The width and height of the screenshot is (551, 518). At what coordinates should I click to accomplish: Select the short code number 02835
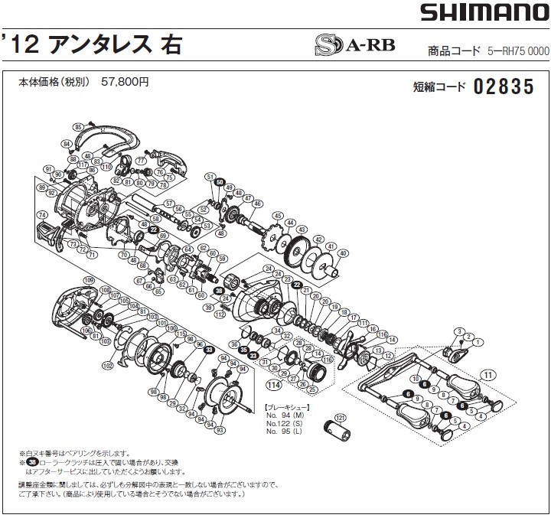pos(503,86)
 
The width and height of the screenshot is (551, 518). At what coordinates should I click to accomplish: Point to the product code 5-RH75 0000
pos(518,51)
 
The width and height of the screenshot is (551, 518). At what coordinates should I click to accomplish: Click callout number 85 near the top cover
pos(78,126)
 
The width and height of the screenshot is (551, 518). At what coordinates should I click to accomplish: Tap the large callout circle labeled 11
pos(487,374)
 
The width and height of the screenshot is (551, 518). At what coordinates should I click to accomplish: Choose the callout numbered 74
pos(42,215)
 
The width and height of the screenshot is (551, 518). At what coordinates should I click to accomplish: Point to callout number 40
pos(342,253)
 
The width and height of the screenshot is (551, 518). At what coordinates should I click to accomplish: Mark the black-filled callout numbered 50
pos(220,182)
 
